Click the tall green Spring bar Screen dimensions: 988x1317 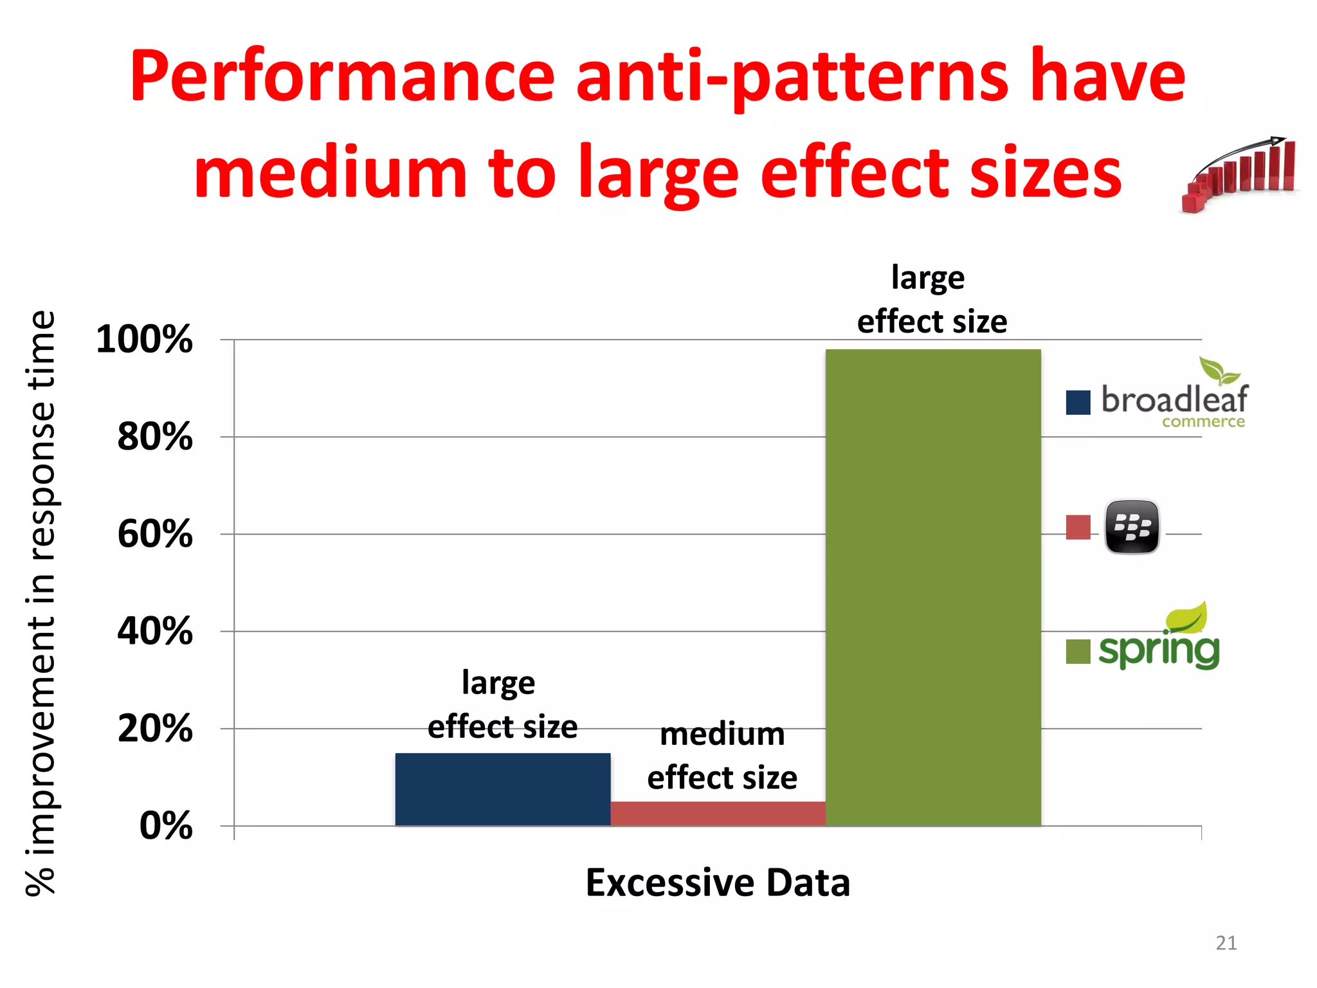pyautogui.click(x=932, y=587)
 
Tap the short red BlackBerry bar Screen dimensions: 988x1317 pyautogui.click(x=718, y=813)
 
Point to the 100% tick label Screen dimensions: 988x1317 pyautogui.click(x=144, y=339)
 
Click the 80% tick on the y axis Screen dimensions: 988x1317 pyautogui.click(x=154, y=437)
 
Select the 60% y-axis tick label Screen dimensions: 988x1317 pyautogui.click(x=154, y=534)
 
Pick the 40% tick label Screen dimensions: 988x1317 pyautogui.click(x=154, y=631)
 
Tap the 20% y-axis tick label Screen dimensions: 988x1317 pyautogui.click(x=154, y=729)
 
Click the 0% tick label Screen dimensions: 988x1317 pyautogui.click(x=165, y=826)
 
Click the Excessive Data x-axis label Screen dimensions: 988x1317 pyautogui.click(x=718, y=883)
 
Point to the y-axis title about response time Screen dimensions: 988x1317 pyautogui.click(x=41, y=603)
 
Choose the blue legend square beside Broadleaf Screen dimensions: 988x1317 pyautogui.click(x=1078, y=403)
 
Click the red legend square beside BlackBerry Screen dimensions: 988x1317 pyautogui.click(x=1078, y=527)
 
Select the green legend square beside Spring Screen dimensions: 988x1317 pyautogui.click(x=1078, y=651)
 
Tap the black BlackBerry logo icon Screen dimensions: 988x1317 pyautogui.click(x=1132, y=527)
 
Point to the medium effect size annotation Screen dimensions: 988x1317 pyautogui.click(x=722, y=756)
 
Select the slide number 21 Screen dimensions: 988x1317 pyautogui.click(x=1226, y=943)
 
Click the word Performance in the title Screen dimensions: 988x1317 pyautogui.click(x=341, y=77)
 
